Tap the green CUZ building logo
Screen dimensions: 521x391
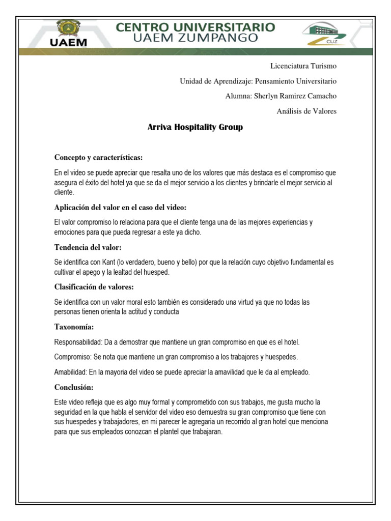tap(324, 34)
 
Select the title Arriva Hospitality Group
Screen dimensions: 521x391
tap(195, 127)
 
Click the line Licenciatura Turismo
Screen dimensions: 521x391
tap(303, 66)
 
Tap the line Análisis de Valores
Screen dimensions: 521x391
tap(306, 111)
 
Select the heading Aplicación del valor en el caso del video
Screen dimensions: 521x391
tap(121, 208)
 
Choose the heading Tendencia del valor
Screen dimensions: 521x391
tap(88, 247)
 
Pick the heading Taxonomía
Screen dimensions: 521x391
tap(74, 327)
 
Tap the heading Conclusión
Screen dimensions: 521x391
tap(74, 387)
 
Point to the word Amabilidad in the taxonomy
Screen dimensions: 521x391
tap(70, 372)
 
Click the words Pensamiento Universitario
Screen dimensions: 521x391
tap(295, 81)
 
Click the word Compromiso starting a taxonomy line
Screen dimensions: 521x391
tap(72, 357)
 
